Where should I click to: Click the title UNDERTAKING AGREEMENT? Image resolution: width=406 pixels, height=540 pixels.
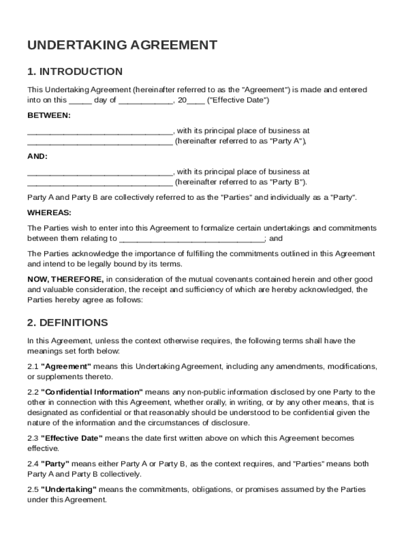pos(122,45)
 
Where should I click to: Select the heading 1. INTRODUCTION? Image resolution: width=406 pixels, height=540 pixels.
pos(75,72)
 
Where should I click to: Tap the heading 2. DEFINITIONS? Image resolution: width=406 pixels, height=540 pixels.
pos(67,323)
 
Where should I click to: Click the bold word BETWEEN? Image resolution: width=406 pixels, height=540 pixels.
pos(49,115)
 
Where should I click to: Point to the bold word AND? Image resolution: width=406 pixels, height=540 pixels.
pos(37,156)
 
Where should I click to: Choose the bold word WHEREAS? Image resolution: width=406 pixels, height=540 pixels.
pos(49,213)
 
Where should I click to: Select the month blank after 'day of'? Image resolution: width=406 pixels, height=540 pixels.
pos(145,100)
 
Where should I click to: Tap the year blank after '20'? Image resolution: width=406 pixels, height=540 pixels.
pos(196,100)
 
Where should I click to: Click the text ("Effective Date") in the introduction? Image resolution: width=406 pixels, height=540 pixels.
pos(238,100)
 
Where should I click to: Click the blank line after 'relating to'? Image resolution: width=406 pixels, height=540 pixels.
pos(192,238)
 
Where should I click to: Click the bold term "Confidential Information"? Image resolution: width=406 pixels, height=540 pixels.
pos(92,392)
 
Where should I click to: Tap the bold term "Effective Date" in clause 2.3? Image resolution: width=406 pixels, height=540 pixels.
pos(72,439)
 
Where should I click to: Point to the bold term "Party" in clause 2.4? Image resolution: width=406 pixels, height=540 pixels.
pos(55,464)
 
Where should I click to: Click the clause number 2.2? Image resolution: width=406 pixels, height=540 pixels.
pos(33,392)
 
